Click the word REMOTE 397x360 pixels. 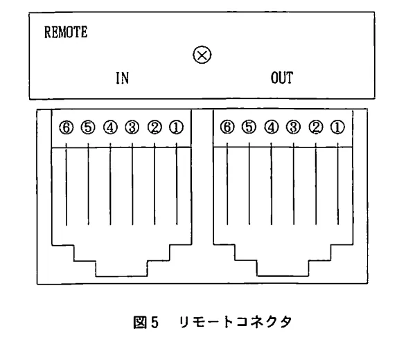point(66,32)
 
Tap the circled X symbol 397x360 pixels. point(202,55)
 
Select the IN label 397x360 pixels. point(123,78)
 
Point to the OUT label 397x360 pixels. point(282,78)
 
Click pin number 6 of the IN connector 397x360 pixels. point(67,127)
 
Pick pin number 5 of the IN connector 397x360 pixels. point(88,127)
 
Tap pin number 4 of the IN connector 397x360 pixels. point(110,127)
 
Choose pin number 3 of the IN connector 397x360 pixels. point(132,127)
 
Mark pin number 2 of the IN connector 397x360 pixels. point(155,127)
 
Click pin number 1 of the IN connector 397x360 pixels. point(176,127)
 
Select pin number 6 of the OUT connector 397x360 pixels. point(227,127)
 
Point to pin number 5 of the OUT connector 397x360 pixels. point(249,127)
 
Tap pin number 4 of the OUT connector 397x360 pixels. point(272,127)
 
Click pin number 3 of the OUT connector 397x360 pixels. point(294,127)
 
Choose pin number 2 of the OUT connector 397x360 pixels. point(316,127)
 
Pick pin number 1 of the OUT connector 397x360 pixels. point(337,127)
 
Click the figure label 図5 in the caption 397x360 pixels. point(145,323)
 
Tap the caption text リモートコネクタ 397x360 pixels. point(236,322)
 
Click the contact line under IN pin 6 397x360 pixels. point(67,184)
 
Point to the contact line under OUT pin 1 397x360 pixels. point(337,183)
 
